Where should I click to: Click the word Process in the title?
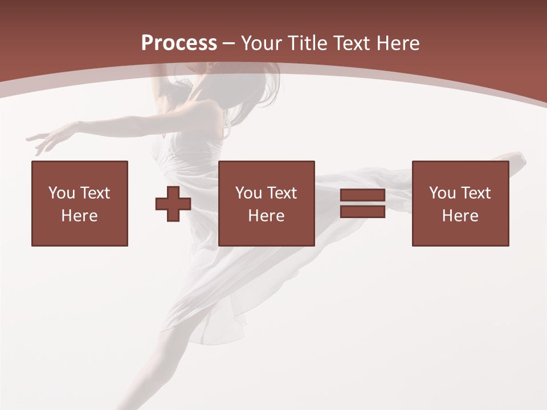pyautogui.click(x=179, y=43)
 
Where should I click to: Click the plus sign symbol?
pyautogui.click(x=173, y=204)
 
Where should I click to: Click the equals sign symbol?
pyautogui.click(x=362, y=203)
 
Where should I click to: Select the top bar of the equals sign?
pyautogui.click(x=362, y=196)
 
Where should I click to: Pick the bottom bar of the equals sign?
pyautogui.click(x=362, y=211)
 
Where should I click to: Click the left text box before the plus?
pyautogui.click(x=80, y=203)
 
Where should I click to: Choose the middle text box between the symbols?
pyautogui.click(x=267, y=203)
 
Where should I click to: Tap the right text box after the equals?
pyautogui.click(x=460, y=203)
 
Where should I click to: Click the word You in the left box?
pyautogui.click(x=62, y=193)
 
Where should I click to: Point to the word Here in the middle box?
pyautogui.click(x=267, y=216)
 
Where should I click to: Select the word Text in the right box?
pyautogui.click(x=475, y=193)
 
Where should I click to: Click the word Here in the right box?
pyautogui.click(x=460, y=216)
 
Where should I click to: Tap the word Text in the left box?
pyautogui.click(x=94, y=193)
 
